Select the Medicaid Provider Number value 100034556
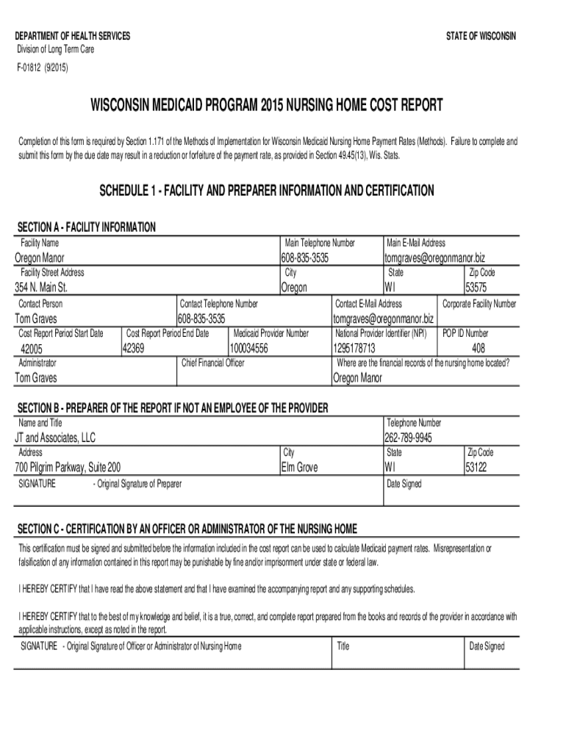pos(249,348)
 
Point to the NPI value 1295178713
pos(354,348)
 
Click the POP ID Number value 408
pos(479,348)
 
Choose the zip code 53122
pos(479,467)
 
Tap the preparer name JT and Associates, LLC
pos(55,438)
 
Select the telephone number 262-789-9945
pos(408,438)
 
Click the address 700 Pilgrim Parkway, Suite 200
pos(68,468)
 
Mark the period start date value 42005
pos(32,349)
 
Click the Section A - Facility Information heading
pos(85,227)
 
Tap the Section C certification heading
pos(187,529)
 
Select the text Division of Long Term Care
pos(56,49)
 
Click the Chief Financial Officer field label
pos(212,363)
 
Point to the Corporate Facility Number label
pos(479,304)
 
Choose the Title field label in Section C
pos(343,646)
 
